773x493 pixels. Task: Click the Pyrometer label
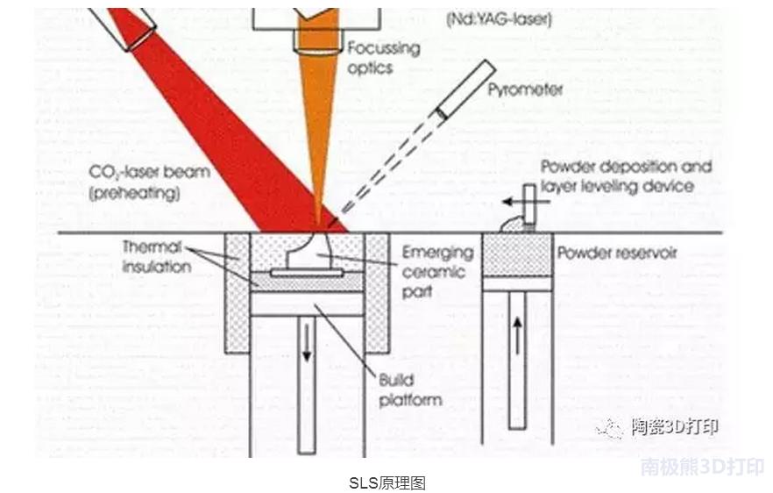pos(525,89)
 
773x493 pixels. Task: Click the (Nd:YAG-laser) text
pos(500,18)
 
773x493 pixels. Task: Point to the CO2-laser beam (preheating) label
pos(149,182)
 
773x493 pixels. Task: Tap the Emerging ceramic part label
pos(436,271)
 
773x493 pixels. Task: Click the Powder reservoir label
pos(617,254)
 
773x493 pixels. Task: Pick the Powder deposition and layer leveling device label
pos(625,175)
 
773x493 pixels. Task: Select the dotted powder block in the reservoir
pos(517,254)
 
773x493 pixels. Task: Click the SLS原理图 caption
pos(386,482)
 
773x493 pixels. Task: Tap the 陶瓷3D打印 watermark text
pos(675,427)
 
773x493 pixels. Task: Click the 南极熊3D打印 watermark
pos(702,467)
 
